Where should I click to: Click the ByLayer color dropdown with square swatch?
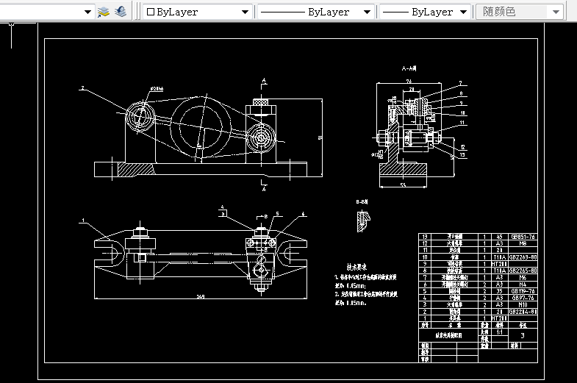195,12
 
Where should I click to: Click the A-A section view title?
409,68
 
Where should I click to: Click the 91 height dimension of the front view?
320,137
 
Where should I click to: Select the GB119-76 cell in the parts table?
523,291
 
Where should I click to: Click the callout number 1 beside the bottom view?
84,220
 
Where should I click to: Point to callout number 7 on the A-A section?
460,82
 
